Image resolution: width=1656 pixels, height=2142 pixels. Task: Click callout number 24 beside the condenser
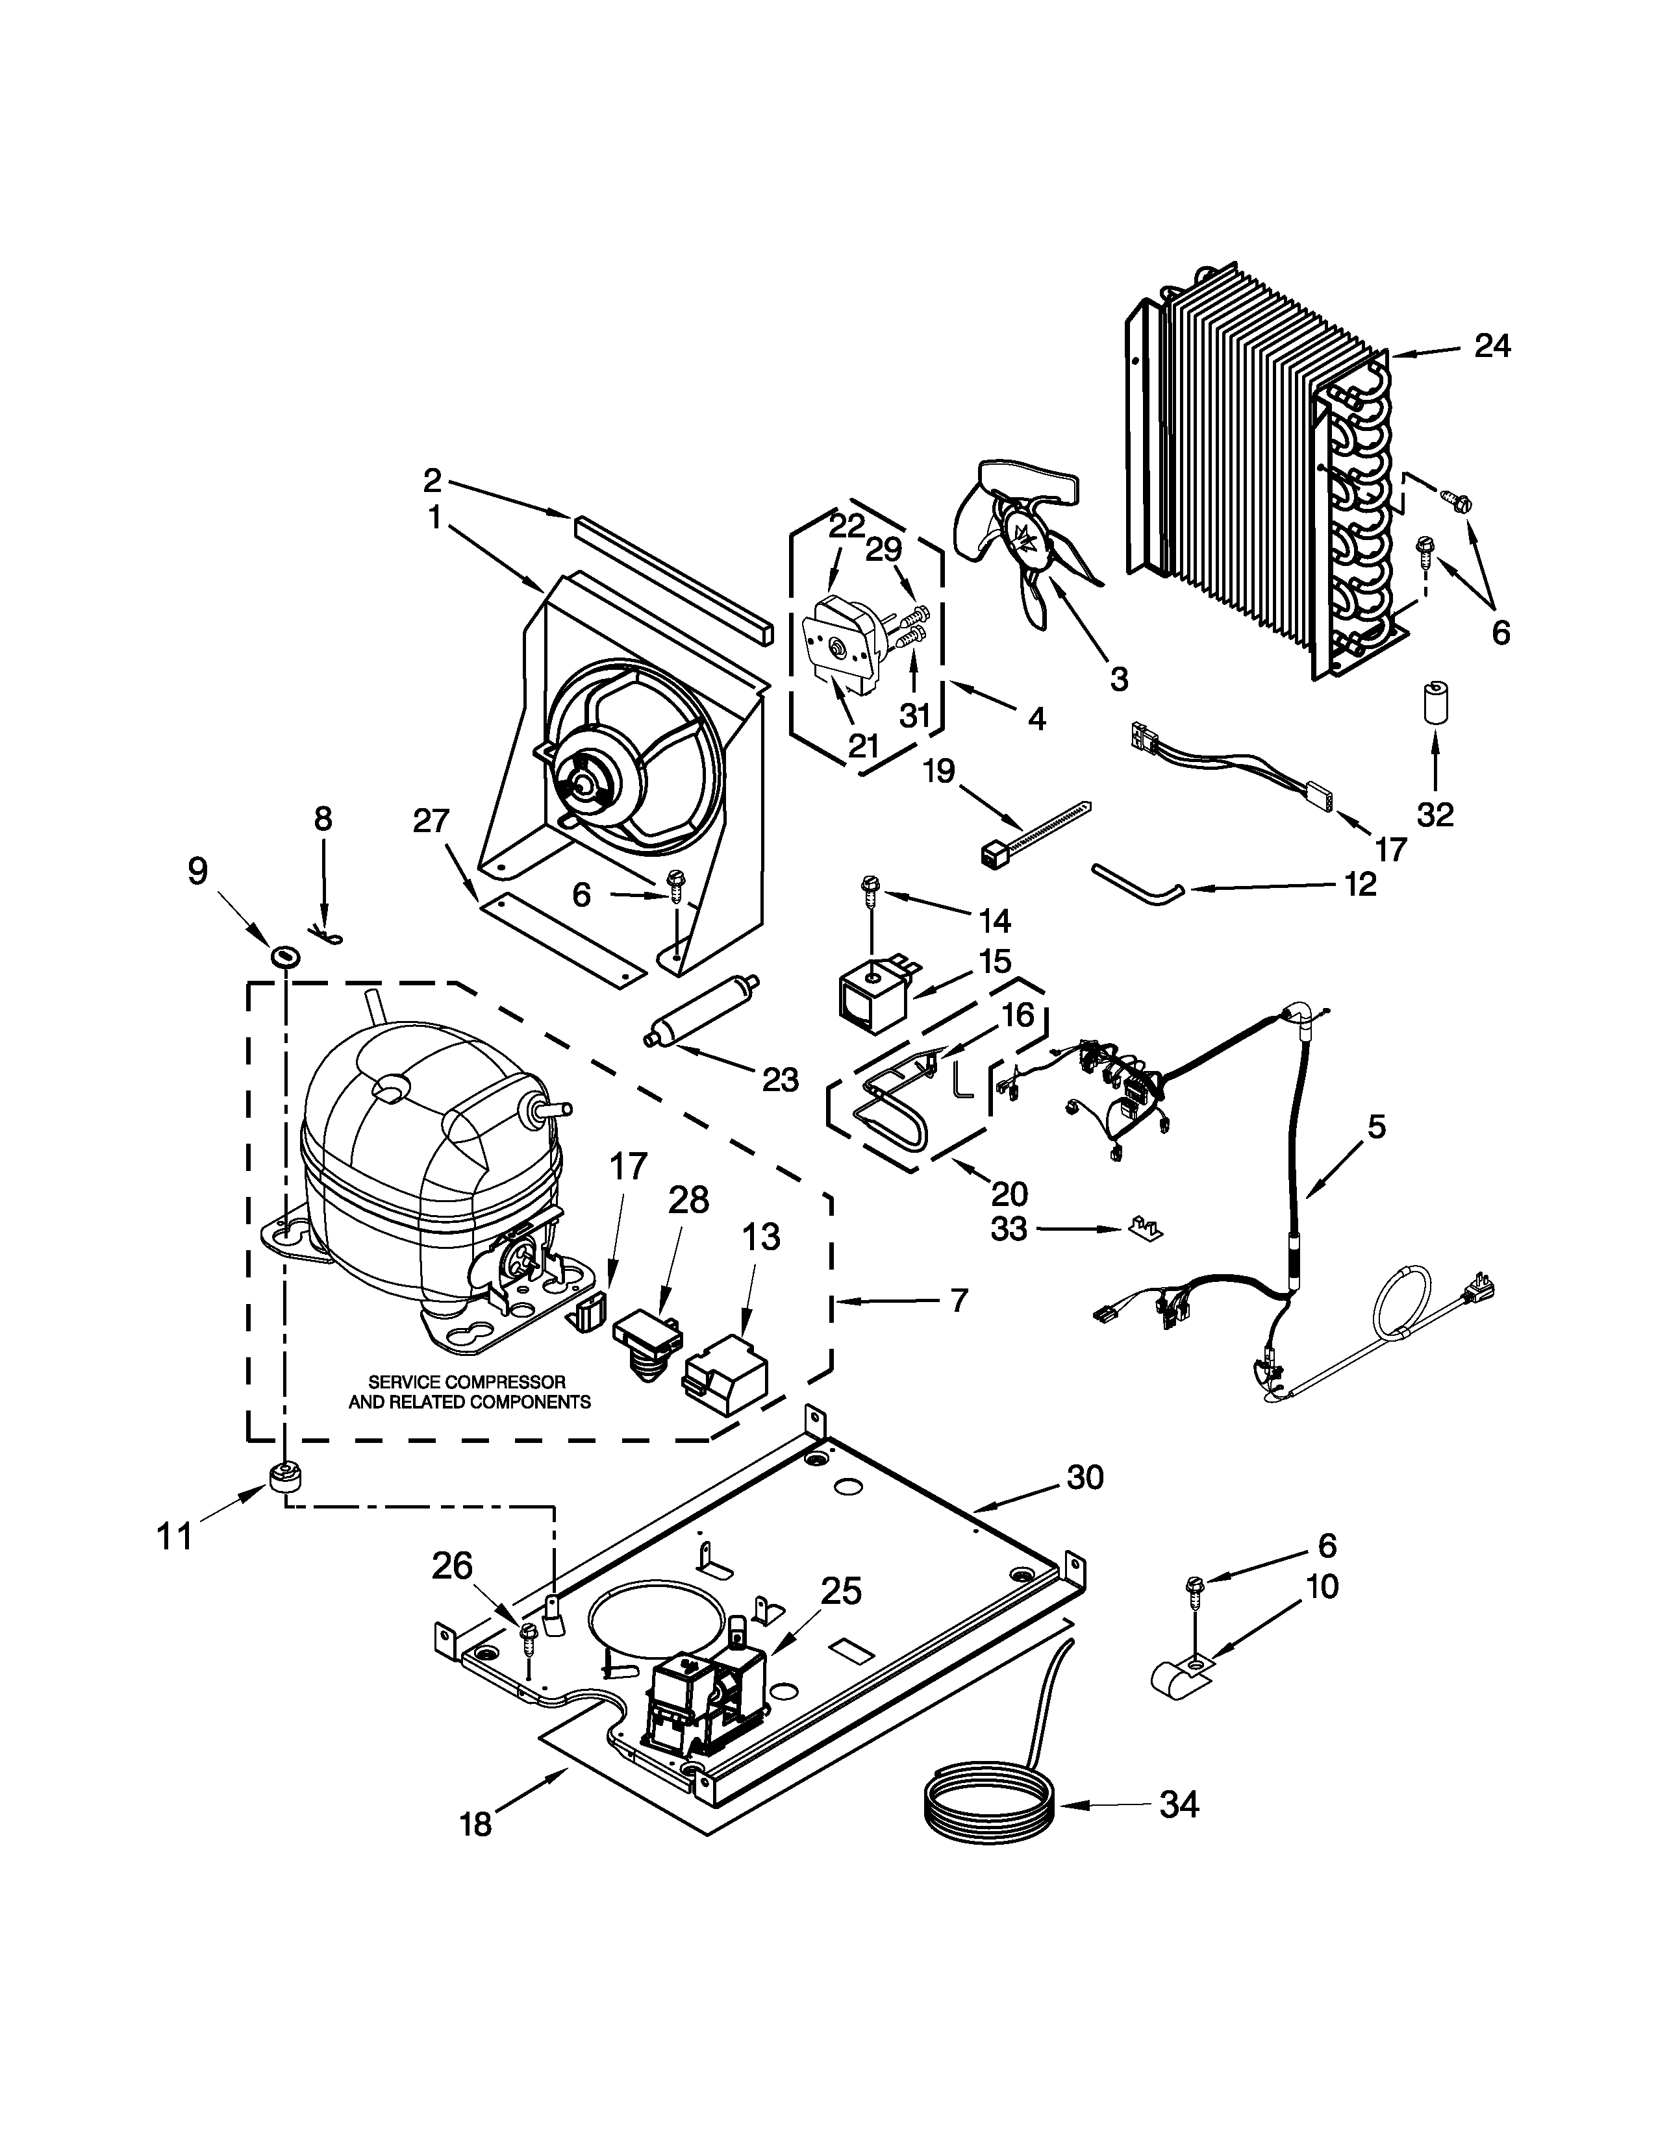1492,346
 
